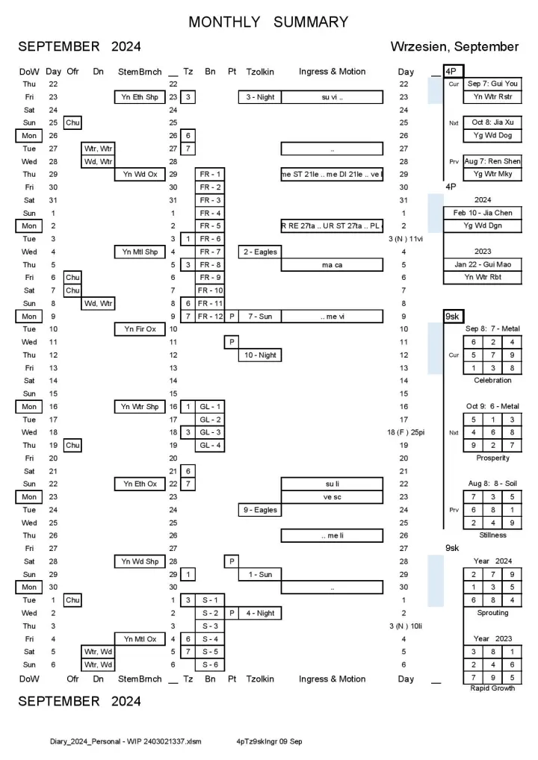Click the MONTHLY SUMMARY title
[268, 21]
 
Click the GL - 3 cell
[210, 432]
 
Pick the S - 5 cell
[210, 652]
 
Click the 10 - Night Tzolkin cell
[259, 355]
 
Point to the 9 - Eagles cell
[259, 510]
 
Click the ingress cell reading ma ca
[332, 264]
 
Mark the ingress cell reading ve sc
[332, 496]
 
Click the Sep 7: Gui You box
[492, 84]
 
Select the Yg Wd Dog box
[492, 135]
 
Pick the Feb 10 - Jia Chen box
[492, 213]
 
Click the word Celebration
[492, 381]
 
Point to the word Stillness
[492, 535]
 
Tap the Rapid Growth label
[492, 688]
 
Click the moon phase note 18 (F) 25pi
[406, 432]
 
